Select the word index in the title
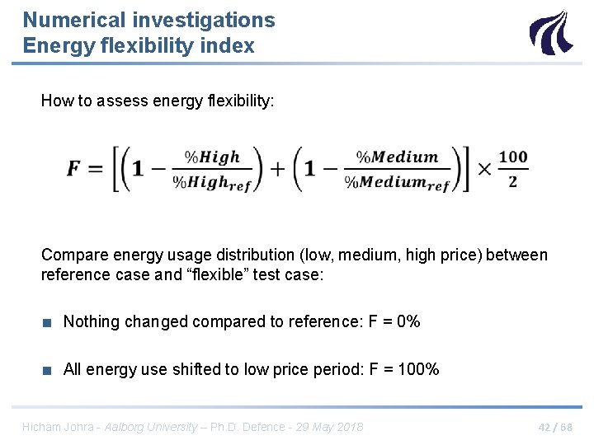pyautogui.click(x=231, y=46)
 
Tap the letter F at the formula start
pyautogui.click(x=74, y=169)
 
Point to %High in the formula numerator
pyautogui.click(x=212, y=157)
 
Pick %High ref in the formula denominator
pyautogui.click(x=217, y=183)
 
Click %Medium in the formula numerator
pyautogui.click(x=397, y=157)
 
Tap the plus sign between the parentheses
pyautogui.click(x=277, y=169)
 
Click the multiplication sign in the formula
pyautogui.click(x=484, y=169)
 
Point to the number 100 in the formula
pyautogui.click(x=512, y=157)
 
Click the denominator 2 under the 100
pyautogui.click(x=512, y=181)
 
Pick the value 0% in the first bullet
pyautogui.click(x=408, y=321)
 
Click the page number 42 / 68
pyautogui.click(x=554, y=427)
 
